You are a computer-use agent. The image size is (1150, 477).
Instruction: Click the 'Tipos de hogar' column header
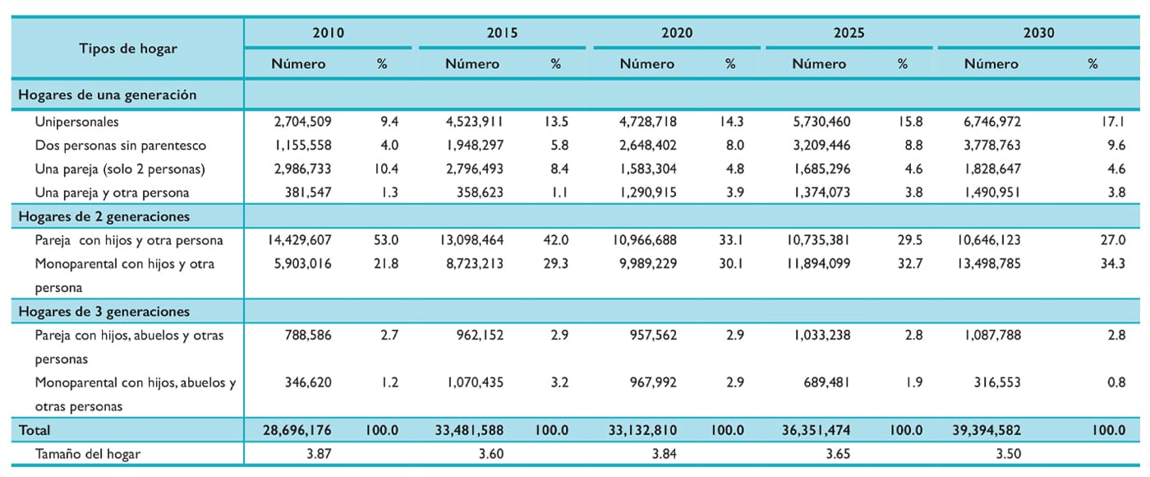128,49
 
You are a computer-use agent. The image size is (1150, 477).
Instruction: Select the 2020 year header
677,33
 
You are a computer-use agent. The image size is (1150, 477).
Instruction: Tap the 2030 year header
1038,33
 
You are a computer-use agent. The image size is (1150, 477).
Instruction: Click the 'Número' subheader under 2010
298,64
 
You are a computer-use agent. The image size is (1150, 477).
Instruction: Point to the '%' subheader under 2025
903,64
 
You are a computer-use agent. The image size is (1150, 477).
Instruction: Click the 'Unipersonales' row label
76,122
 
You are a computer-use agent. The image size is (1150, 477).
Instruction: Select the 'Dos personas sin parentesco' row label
120,146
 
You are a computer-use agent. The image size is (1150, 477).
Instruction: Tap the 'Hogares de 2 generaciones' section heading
103,216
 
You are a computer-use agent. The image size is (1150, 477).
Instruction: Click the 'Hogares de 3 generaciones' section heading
103,312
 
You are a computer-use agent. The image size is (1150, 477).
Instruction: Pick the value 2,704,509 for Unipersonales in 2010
302,122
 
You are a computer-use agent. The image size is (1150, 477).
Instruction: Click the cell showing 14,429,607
299,240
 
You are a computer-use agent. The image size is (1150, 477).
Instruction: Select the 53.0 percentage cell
386,240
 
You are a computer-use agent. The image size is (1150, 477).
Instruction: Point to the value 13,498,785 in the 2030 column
989,264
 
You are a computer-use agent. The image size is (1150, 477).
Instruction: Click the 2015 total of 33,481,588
469,430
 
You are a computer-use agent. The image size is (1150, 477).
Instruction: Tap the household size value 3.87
319,454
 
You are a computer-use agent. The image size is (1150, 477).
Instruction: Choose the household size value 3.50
1008,454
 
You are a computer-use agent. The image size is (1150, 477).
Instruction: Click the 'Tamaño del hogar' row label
87,454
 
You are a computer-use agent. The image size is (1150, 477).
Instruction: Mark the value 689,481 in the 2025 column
826,382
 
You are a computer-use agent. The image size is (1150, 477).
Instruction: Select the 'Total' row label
34,430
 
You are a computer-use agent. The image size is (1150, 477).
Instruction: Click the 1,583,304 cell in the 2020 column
648,169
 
